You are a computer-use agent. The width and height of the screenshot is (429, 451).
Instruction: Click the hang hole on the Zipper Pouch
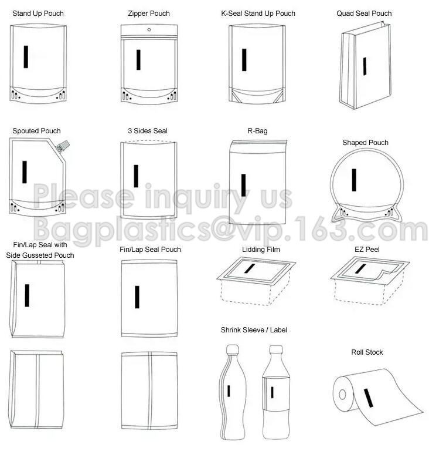[x=149, y=29]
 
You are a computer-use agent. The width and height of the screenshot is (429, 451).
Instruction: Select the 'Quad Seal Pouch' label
[x=364, y=14]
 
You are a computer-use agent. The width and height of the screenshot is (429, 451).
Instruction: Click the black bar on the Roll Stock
[x=368, y=398]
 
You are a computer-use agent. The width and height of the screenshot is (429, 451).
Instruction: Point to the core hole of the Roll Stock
[x=342, y=395]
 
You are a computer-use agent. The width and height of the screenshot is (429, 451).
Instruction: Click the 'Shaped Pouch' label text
[x=365, y=143]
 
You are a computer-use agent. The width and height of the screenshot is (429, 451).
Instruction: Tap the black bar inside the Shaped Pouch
[x=354, y=180]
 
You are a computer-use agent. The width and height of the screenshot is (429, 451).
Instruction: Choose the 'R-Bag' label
[x=257, y=131]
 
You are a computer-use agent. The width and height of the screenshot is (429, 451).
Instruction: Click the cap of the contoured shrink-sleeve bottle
[x=232, y=349]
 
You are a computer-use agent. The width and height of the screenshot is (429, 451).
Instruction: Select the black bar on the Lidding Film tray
[x=248, y=268]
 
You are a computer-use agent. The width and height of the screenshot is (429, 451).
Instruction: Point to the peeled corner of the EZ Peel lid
[x=387, y=274]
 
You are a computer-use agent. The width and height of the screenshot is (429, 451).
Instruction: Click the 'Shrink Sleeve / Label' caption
[x=254, y=330]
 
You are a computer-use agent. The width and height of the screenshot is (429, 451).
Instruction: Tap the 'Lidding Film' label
[x=261, y=250]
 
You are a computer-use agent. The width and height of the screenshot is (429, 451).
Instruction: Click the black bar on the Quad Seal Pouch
[x=365, y=66]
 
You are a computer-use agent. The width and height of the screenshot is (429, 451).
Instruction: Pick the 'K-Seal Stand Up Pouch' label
[x=258, y=14]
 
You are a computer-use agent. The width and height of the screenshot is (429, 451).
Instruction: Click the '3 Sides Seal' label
[x=148, y=131]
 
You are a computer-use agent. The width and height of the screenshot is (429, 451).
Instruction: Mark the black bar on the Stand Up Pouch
[x=26, y=56]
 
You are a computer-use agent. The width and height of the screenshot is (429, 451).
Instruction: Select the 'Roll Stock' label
[x=367, y=352]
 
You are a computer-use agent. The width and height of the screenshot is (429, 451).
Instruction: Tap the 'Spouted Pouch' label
[x=36, y=131]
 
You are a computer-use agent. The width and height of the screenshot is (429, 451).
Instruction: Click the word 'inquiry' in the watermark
[x=197, y=197]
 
